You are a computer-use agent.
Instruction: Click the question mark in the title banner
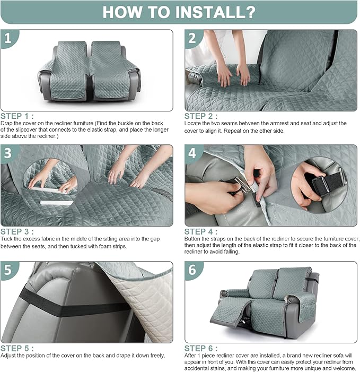coord(249,12)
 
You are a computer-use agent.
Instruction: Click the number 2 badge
coord(193,38)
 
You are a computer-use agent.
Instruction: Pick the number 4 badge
coord(193,153)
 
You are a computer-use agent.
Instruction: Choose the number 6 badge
coord(193,270)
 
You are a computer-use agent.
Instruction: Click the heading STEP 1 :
coord(17,116)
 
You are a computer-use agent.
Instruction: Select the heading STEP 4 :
coord(201,231)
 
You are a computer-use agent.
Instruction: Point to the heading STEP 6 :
coord(201,348)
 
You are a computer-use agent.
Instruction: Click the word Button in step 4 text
coord(192,239)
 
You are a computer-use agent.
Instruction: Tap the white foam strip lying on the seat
coord(57,203)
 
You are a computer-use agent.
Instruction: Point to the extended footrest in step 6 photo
coord(226,310)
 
